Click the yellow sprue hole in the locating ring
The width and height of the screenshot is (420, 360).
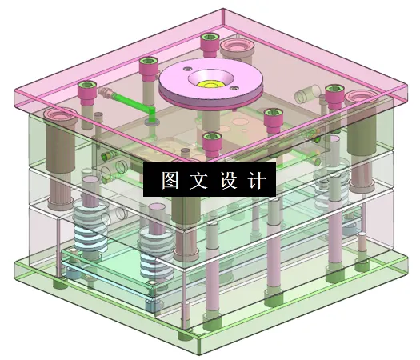[210, 81]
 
